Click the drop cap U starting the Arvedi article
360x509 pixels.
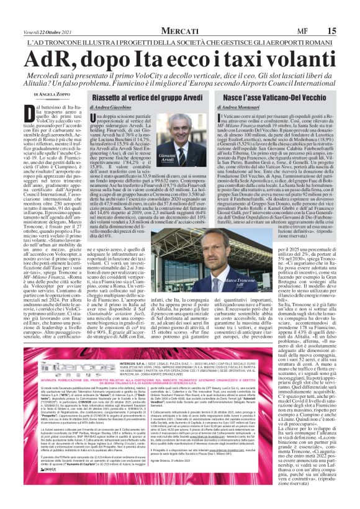[x=96, y=118]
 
